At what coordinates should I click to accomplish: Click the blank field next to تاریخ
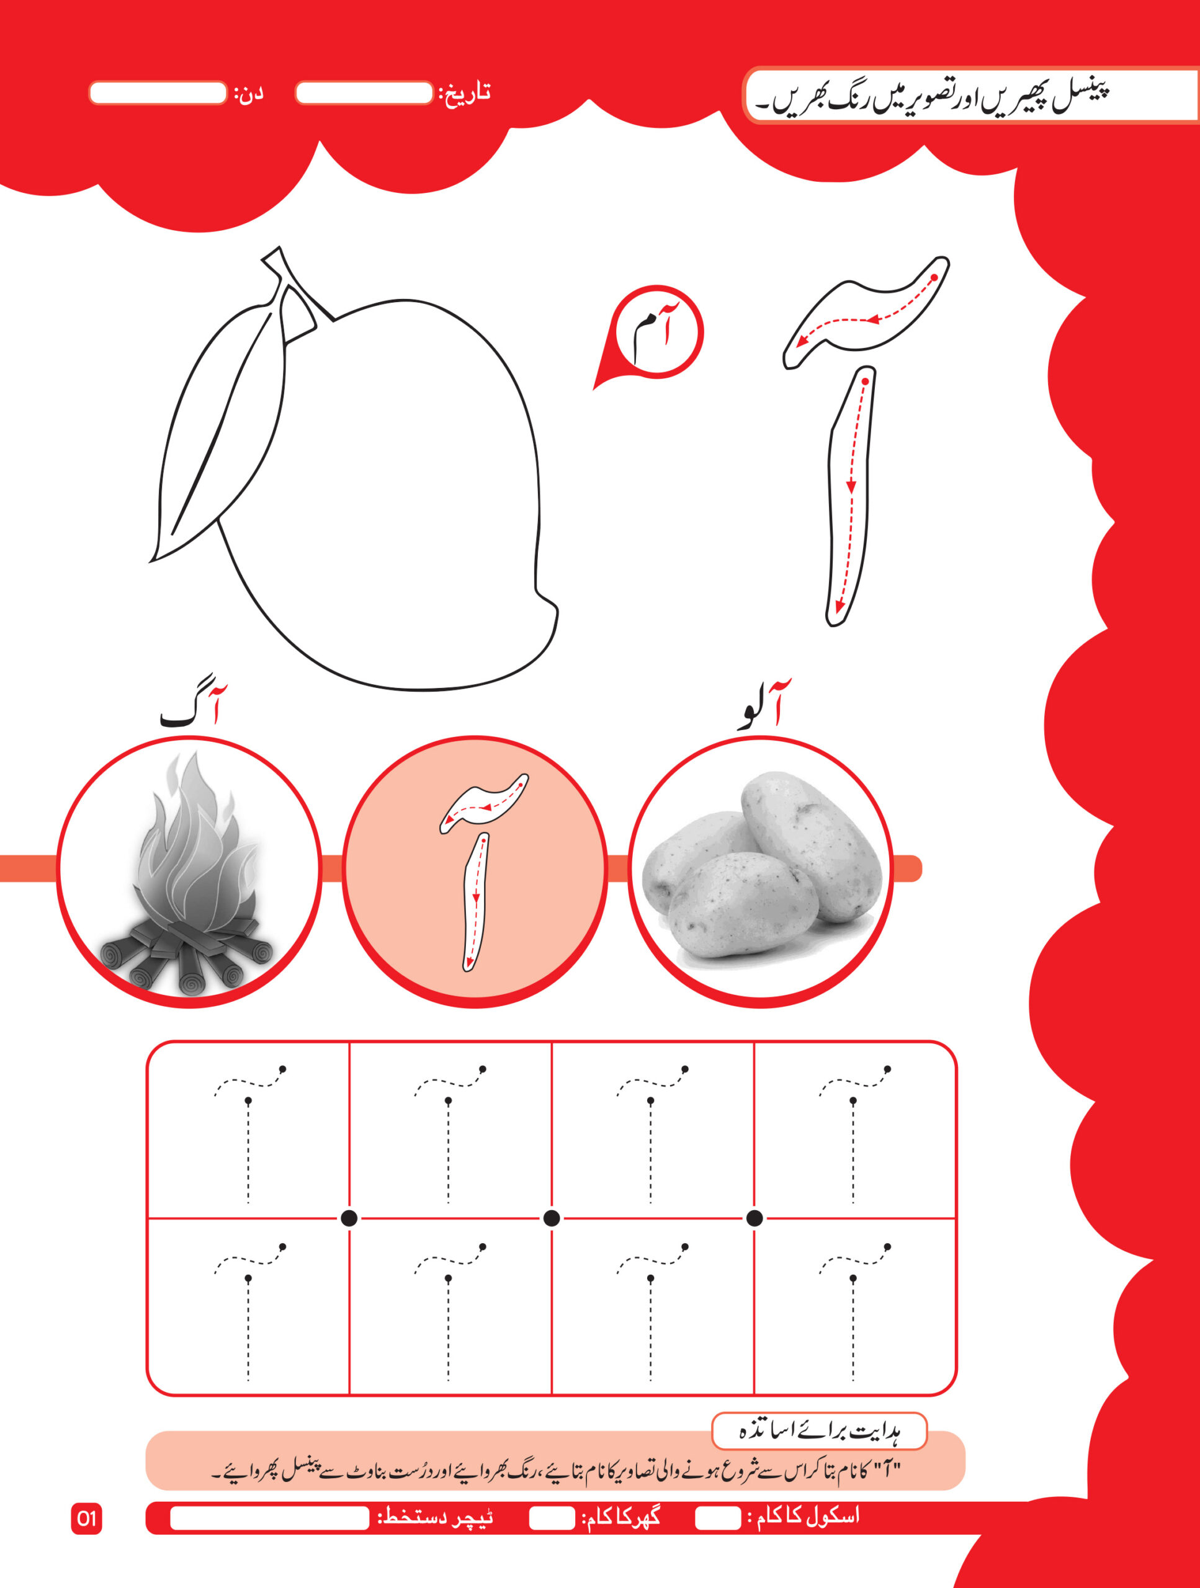click(364, 93)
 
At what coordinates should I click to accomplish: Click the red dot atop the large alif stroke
click(866, 381)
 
